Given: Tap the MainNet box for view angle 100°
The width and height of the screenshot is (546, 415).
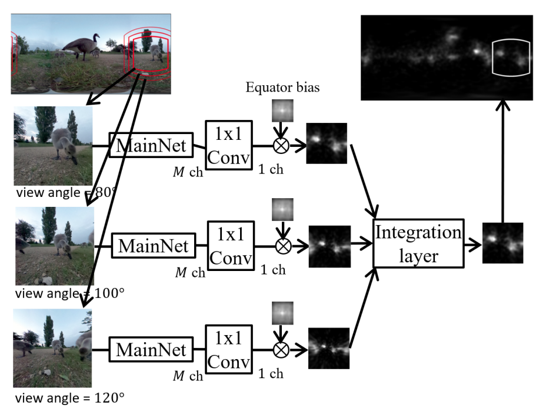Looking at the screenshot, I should [154, 246].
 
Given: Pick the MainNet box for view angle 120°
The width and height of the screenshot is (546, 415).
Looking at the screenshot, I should [151, 350].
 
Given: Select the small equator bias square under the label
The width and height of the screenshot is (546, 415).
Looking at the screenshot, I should [282, 112].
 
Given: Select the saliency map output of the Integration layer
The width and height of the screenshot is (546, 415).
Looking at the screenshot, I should [502, 242].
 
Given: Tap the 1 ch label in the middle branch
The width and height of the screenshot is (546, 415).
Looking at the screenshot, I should [272, 270].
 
